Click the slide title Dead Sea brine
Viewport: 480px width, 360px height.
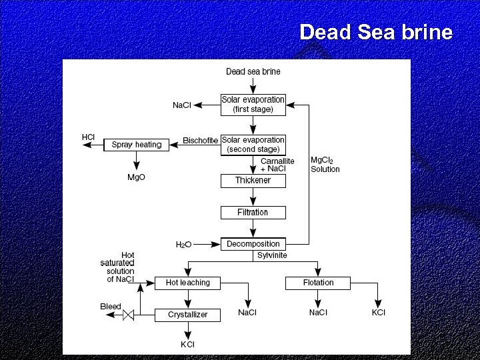[376, 32]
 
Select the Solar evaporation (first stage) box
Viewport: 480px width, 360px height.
[253, 104]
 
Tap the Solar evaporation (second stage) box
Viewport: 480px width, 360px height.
[253, 145]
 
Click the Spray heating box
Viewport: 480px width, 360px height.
[137, 145]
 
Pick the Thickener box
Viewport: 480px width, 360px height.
[253, 181]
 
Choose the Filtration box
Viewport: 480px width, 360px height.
[253, 213]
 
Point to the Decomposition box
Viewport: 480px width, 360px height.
[253, 244]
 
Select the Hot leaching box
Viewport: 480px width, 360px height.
[187, 283]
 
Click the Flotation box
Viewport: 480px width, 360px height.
[318, 283]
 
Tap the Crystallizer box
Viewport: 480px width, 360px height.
[187, 315]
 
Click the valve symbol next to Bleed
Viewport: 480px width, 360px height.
[129, 315]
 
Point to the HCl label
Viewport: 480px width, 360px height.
[88, 137]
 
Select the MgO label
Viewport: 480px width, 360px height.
[136, 177]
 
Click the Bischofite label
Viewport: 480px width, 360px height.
[200, 140]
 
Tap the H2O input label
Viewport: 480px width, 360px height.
[184, 245]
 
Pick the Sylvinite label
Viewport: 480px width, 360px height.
[272, 255]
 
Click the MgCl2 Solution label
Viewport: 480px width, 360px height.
[325, 165]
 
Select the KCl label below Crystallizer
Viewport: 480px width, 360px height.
[187, 344]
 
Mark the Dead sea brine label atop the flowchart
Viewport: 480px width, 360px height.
[253, 71]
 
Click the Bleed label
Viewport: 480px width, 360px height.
[111, 307]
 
